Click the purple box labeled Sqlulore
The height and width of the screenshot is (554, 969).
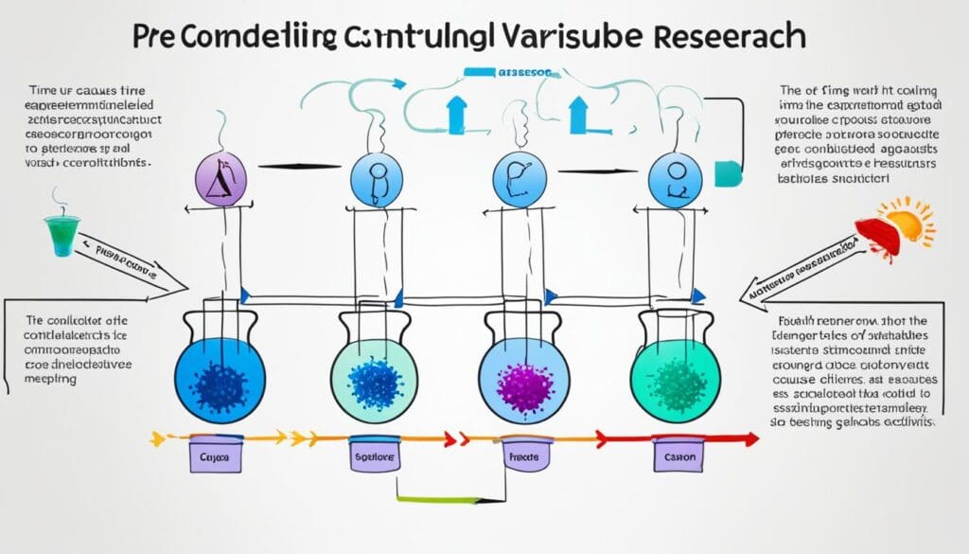click(373, 455)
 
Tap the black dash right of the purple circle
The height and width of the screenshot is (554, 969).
click(288, 167)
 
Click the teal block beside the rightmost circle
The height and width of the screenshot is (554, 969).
click(726, 172)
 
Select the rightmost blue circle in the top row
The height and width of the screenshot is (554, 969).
click(674, 176)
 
